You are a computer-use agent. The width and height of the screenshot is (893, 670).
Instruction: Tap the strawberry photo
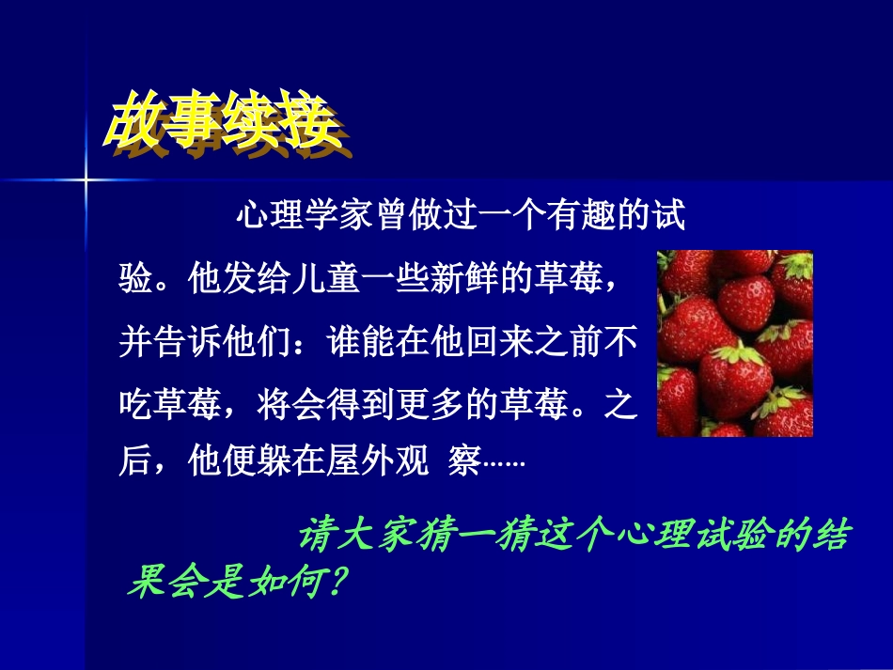tap(734, 343)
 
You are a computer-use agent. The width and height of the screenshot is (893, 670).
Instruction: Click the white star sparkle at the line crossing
tap(86, 179)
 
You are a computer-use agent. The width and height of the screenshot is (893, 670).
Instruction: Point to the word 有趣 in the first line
tap(582, 218)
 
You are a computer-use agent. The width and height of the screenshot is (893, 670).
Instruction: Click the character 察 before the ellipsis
tap(465, 463)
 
